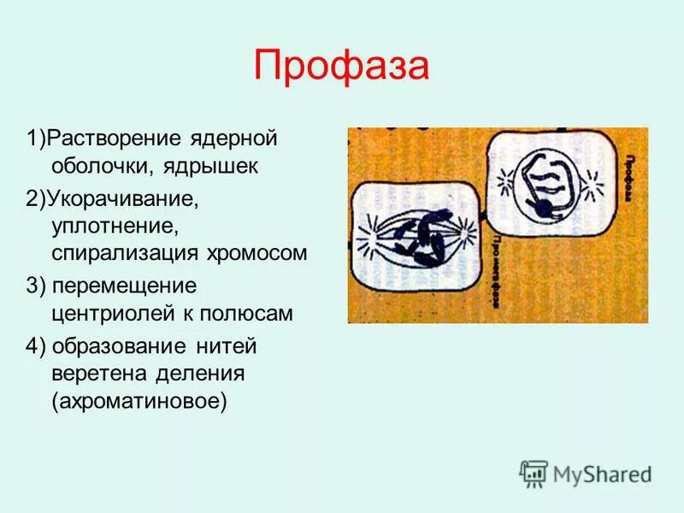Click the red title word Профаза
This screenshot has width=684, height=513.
[x=340, y=67]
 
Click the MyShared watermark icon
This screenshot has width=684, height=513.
[x=534, y=473]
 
